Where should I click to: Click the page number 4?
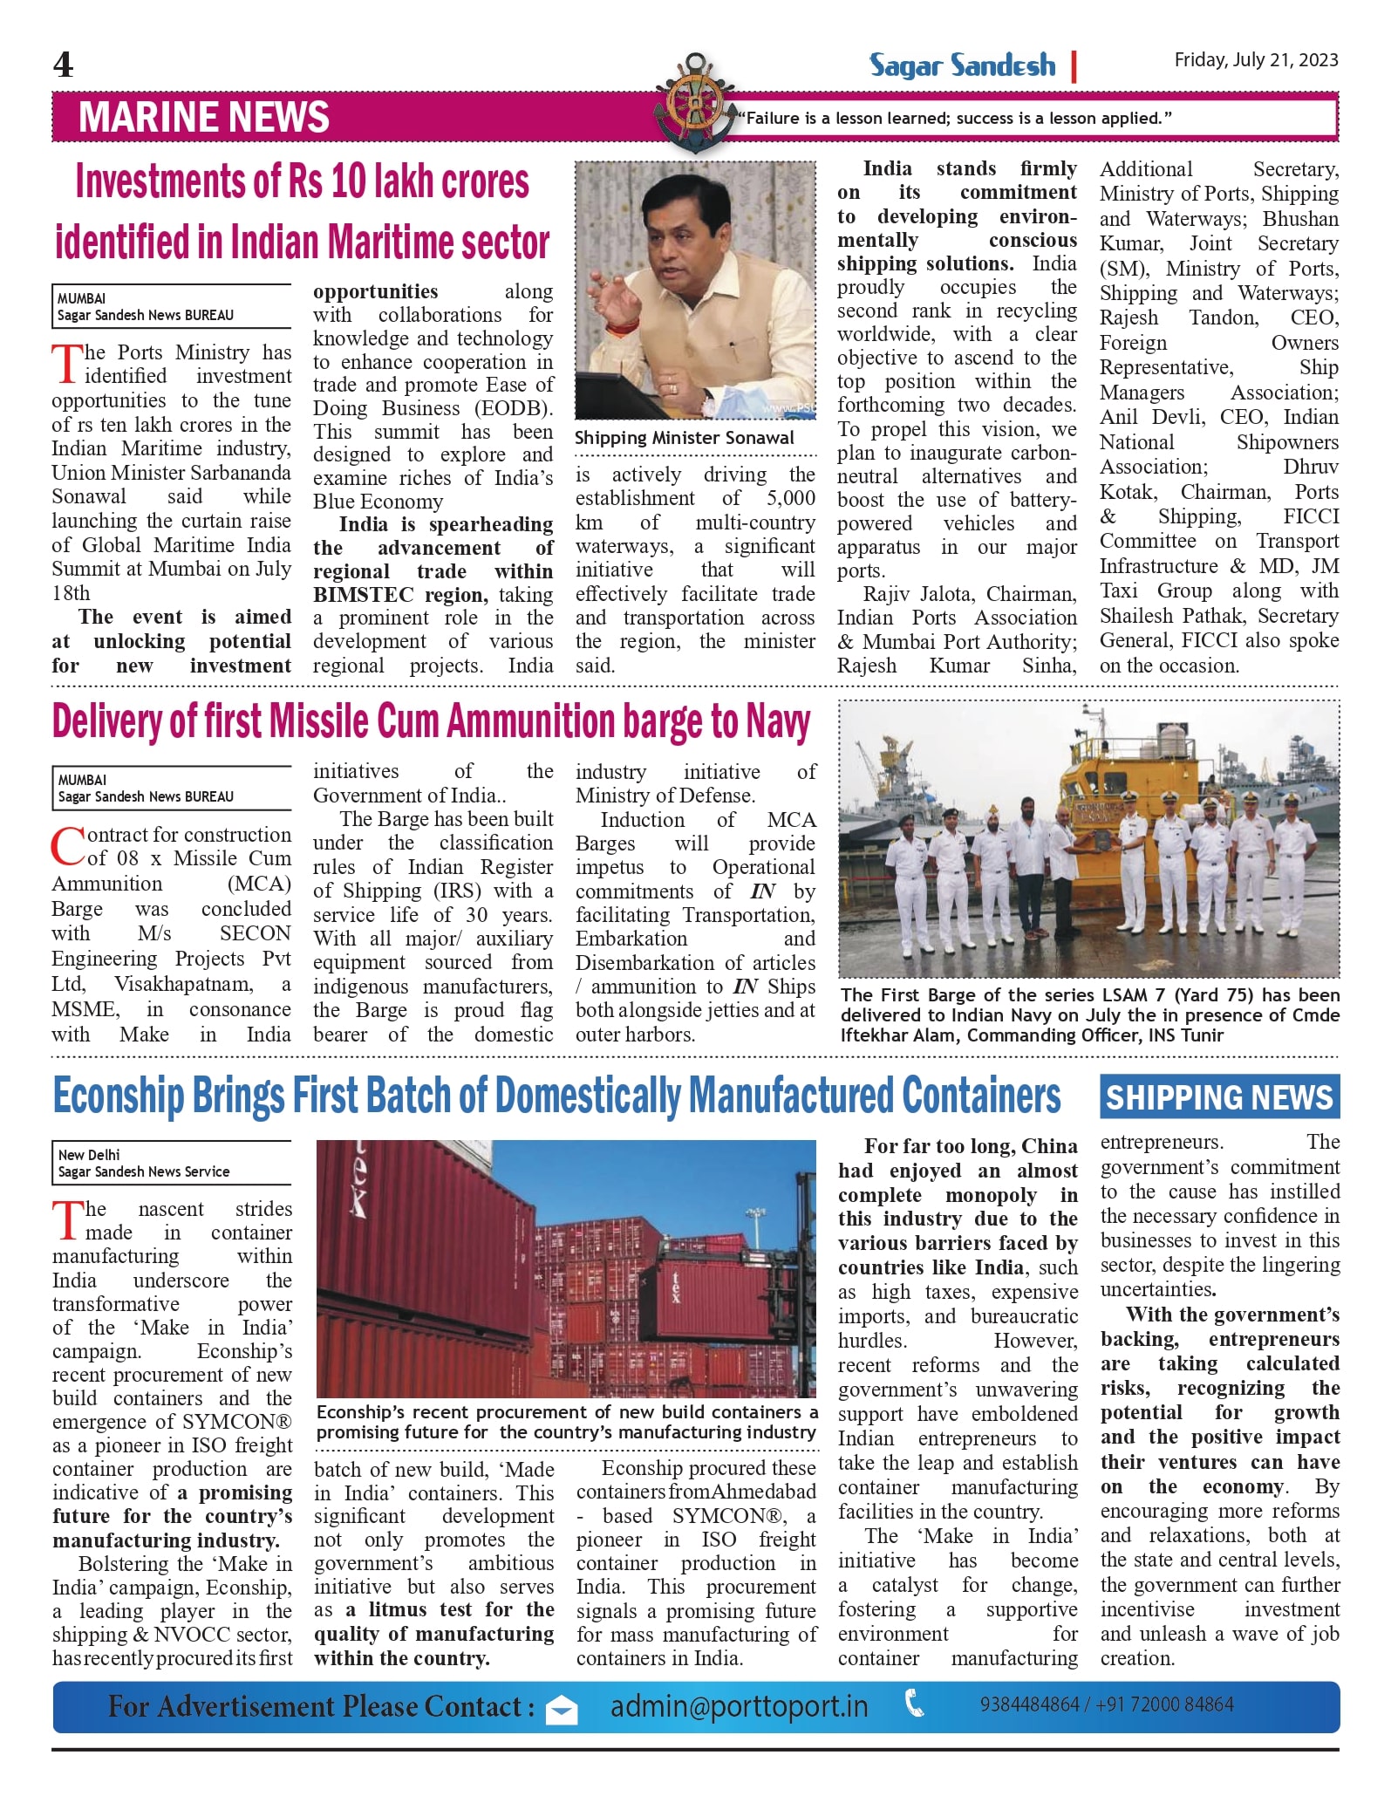(64, 65)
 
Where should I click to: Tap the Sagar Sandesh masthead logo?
(962, 65)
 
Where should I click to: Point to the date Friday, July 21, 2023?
(1256, 59)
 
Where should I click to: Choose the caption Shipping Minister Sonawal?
(685, 438)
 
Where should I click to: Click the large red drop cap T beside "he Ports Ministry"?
(66, 365)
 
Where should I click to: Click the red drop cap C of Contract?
(68, 846)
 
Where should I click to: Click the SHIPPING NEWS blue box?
(1219, 1097)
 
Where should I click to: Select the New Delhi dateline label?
(89, 1155)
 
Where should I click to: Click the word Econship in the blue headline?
(119, 1096)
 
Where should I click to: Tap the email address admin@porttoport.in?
(739, 1706)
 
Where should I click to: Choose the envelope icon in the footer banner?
(562, 1711)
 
